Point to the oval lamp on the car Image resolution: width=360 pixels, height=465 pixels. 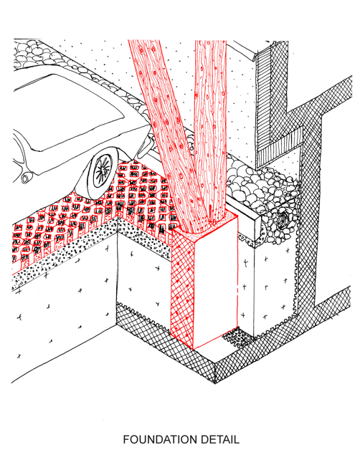click(x=24, y=178)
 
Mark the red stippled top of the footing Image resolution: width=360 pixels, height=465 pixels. click(x=205, y=226)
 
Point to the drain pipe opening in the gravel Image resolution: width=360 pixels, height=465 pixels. click(x=284, y=219)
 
